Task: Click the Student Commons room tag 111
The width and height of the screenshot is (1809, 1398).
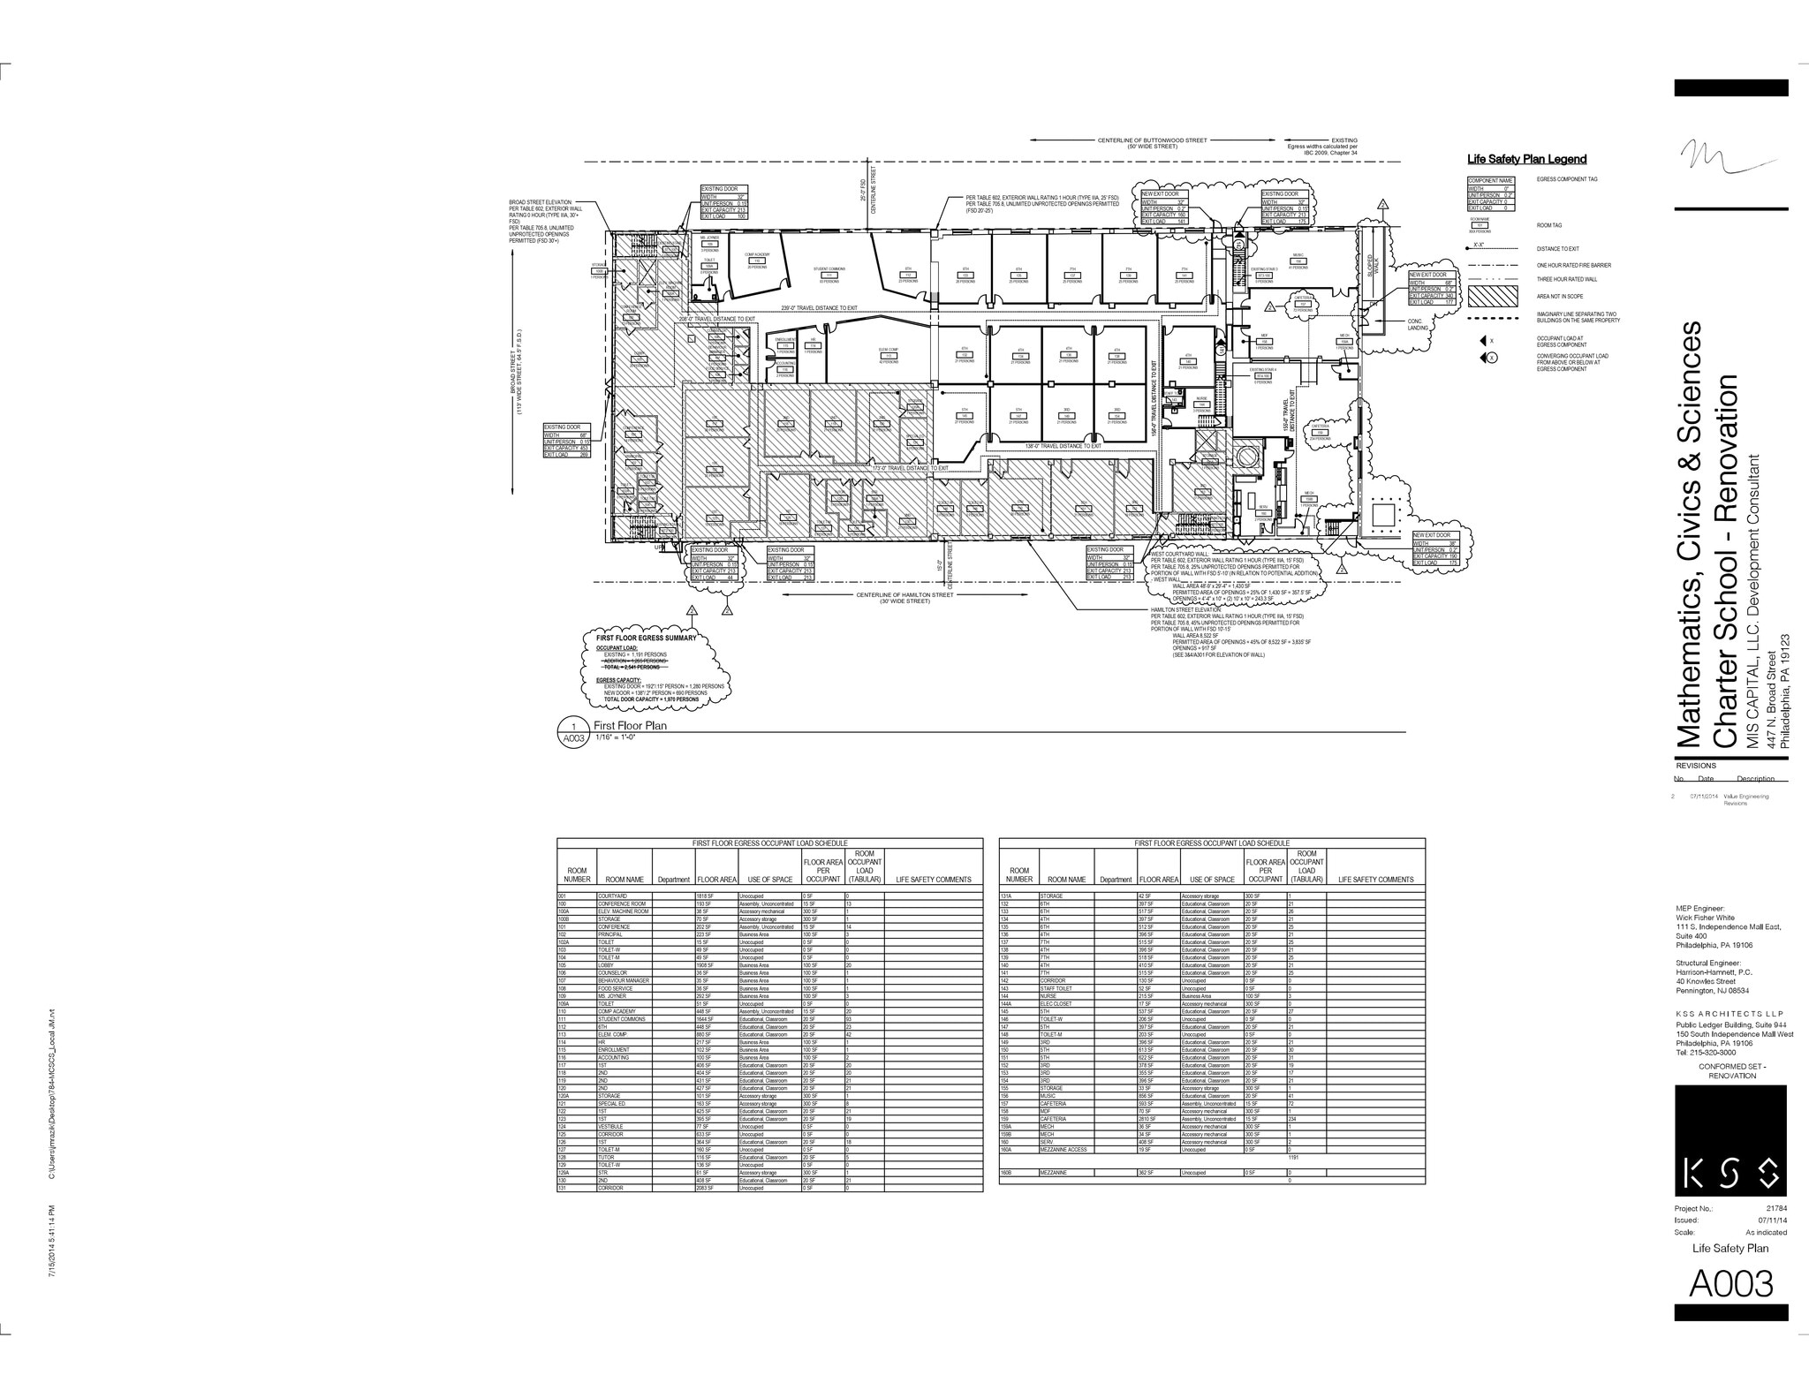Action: click(x=829, y=276)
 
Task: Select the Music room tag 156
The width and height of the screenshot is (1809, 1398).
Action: click(x=1298, y=261)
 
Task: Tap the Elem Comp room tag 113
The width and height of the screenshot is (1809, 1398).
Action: click(x=889, y=356)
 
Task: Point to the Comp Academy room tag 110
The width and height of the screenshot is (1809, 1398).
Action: click(x=757, y=261)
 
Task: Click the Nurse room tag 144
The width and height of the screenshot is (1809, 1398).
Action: click(x=1201, y=404)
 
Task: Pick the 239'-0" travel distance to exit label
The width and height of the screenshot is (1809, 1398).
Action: click(x=820, y=308)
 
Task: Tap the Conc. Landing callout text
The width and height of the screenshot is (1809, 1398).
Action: click(x=1418, y=324)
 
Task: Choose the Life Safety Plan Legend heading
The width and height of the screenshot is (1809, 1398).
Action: click(x=1526, y=159)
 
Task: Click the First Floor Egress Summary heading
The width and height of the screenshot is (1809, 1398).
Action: click(x=646, y=638)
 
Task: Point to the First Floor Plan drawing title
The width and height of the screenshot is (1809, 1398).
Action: click(x=630, y=726)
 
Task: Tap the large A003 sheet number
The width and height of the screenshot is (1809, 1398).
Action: click(x=1730, y=1283)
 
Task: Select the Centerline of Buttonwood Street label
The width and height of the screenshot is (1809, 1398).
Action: click(x=1152, y=140)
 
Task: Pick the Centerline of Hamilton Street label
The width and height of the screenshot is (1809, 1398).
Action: click(x=904, y=595)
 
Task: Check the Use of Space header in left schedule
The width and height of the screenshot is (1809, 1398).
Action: click(x=769, y=880)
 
